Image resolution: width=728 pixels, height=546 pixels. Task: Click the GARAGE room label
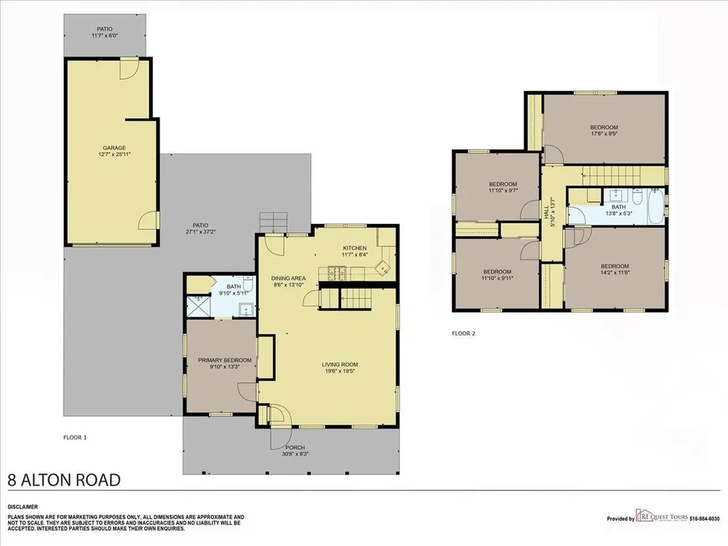(114, 148)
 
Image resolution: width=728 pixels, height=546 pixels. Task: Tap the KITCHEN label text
(355, 248)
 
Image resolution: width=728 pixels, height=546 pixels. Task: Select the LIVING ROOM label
(340, 365)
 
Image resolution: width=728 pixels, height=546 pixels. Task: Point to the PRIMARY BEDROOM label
(225, 360)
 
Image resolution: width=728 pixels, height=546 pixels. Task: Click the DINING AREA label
(289, 279)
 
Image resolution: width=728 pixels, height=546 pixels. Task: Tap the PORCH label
(295, 448)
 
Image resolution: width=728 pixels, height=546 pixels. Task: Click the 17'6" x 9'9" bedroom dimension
(604, 134)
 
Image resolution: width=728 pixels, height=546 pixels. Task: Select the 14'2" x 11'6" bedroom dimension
(615, 272)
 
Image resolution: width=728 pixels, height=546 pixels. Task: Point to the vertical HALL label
(547, 212)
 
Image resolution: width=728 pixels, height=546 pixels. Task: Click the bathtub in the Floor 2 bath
(655, 206)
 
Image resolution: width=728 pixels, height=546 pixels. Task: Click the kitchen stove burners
(337, 273)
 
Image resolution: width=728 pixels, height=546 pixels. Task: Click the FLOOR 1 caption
(75, 437)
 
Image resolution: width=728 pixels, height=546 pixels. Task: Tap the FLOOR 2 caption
(464, 333)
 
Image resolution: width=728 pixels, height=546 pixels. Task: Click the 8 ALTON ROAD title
(64, 480)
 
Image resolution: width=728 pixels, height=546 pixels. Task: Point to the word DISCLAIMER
(23, 507)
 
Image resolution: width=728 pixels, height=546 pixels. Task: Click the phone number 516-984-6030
(705, 518)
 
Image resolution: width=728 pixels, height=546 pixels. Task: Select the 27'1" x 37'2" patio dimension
(200, 231)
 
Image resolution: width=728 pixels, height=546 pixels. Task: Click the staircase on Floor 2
(611, 176)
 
